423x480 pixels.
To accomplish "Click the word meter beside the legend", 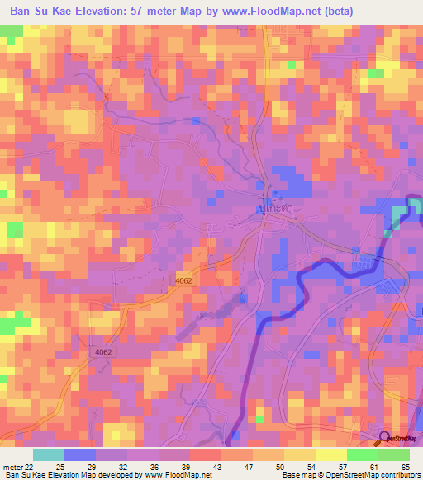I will point(12,467).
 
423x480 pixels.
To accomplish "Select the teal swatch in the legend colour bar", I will point(48,454).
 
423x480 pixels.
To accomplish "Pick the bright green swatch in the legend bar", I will point(362,454).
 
